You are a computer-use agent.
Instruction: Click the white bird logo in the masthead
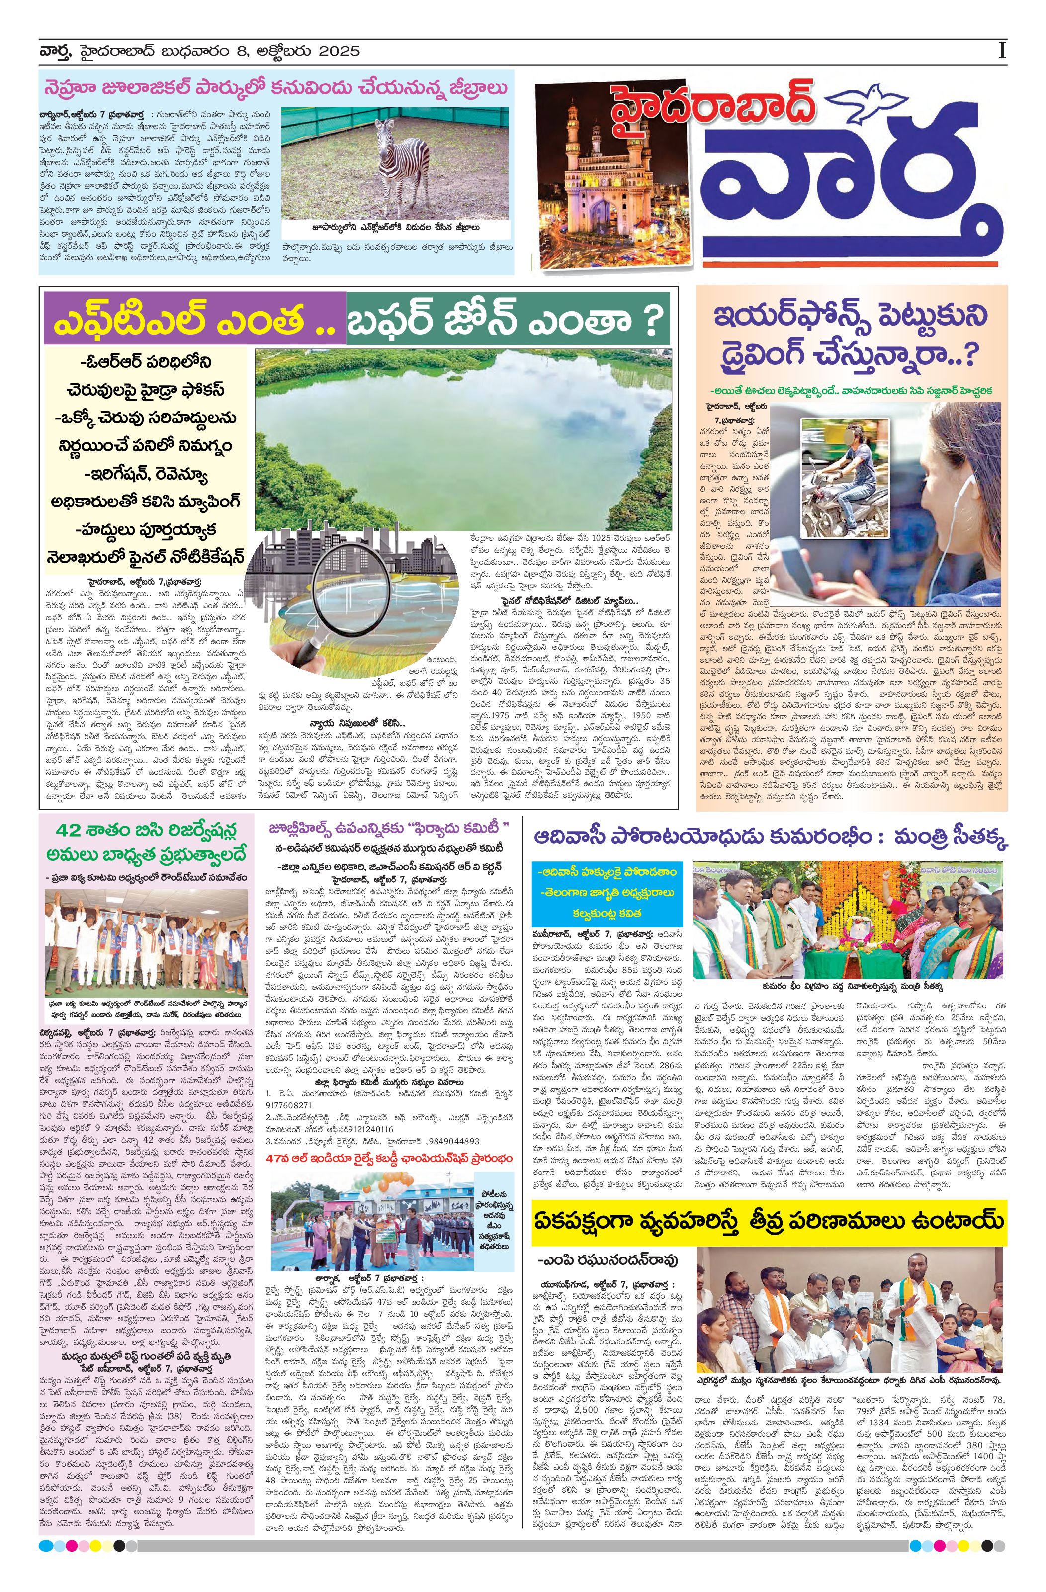click(x=871, y=100)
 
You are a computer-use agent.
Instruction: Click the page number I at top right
click(x=1001, y=50)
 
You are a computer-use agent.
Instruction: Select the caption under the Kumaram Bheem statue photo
click(x=847, y=985)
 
